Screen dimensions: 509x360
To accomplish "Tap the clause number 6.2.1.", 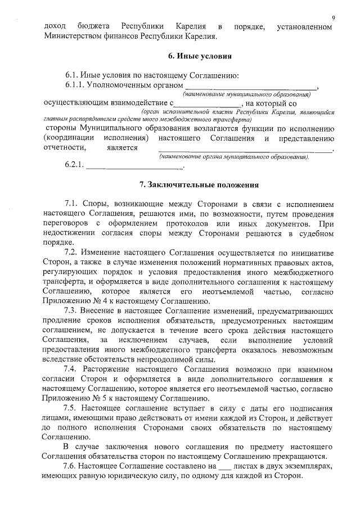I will (x=74, y=166).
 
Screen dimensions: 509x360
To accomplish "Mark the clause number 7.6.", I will (x=72, y=466).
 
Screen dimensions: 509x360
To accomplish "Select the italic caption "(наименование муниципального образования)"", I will (x=266, y=95).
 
